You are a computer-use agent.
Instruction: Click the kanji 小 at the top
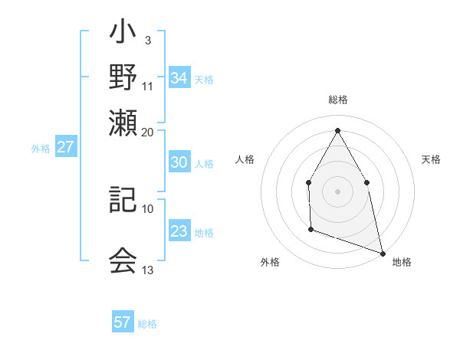(x=123, y=34)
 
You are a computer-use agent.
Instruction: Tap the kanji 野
(x=123, y=77)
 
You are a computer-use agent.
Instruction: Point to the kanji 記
(x=123, y=200)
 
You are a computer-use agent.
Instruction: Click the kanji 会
(x=123, y=260)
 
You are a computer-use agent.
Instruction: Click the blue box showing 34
(x=179, y=77)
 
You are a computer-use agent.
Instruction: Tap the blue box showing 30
(x=179, y=162)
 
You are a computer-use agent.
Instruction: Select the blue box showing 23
(x=179, y=232)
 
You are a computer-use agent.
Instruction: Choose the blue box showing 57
(x=123, y=322)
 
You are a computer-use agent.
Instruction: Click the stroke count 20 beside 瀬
(x=148, y=132)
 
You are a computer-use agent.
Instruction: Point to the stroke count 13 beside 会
(x=148, y=270)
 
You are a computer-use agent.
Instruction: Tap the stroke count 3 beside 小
(x=147, y=40)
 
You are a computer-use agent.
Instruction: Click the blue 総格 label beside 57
(x=148, y=324)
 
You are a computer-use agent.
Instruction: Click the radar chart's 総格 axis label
(x=337, y=100)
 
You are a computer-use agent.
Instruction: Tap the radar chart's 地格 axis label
(x=402, y=263)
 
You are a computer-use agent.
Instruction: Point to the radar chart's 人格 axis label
(x=245, y=159)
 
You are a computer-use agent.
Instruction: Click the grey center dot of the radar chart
(x=337, y=191)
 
